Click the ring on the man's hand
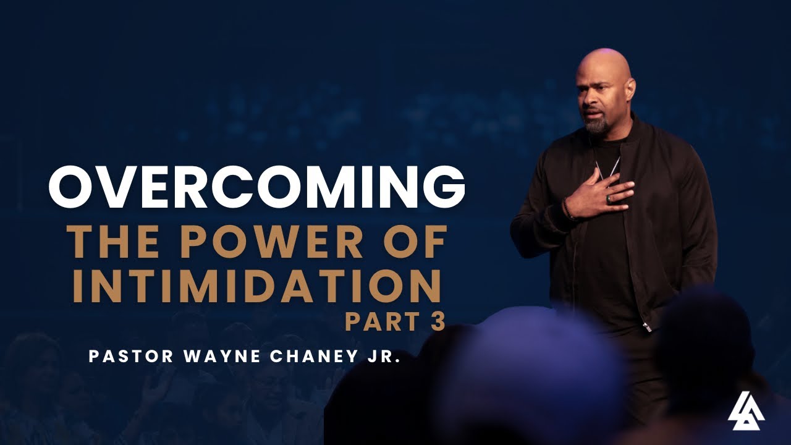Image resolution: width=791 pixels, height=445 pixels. point(610,199)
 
